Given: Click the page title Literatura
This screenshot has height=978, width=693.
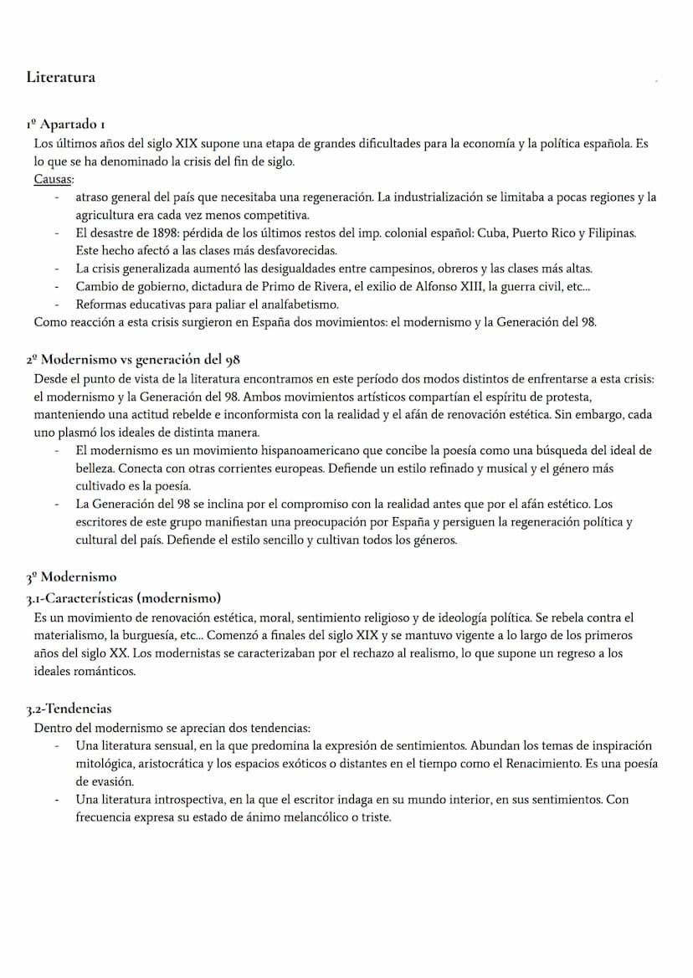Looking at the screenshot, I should [60, 78].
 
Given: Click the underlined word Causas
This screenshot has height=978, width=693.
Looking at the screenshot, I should [54, 179].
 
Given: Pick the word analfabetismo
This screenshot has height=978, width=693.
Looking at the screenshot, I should [299, 305].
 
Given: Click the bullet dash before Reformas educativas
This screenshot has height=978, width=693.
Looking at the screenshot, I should [57, 305].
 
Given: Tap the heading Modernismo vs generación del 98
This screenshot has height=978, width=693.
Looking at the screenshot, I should [140, 360].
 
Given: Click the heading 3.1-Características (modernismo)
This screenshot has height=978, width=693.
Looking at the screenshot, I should [124, 597].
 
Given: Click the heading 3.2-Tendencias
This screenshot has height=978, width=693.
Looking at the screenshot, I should [69, 709].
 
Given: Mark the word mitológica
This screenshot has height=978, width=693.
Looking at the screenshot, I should [103, 764].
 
